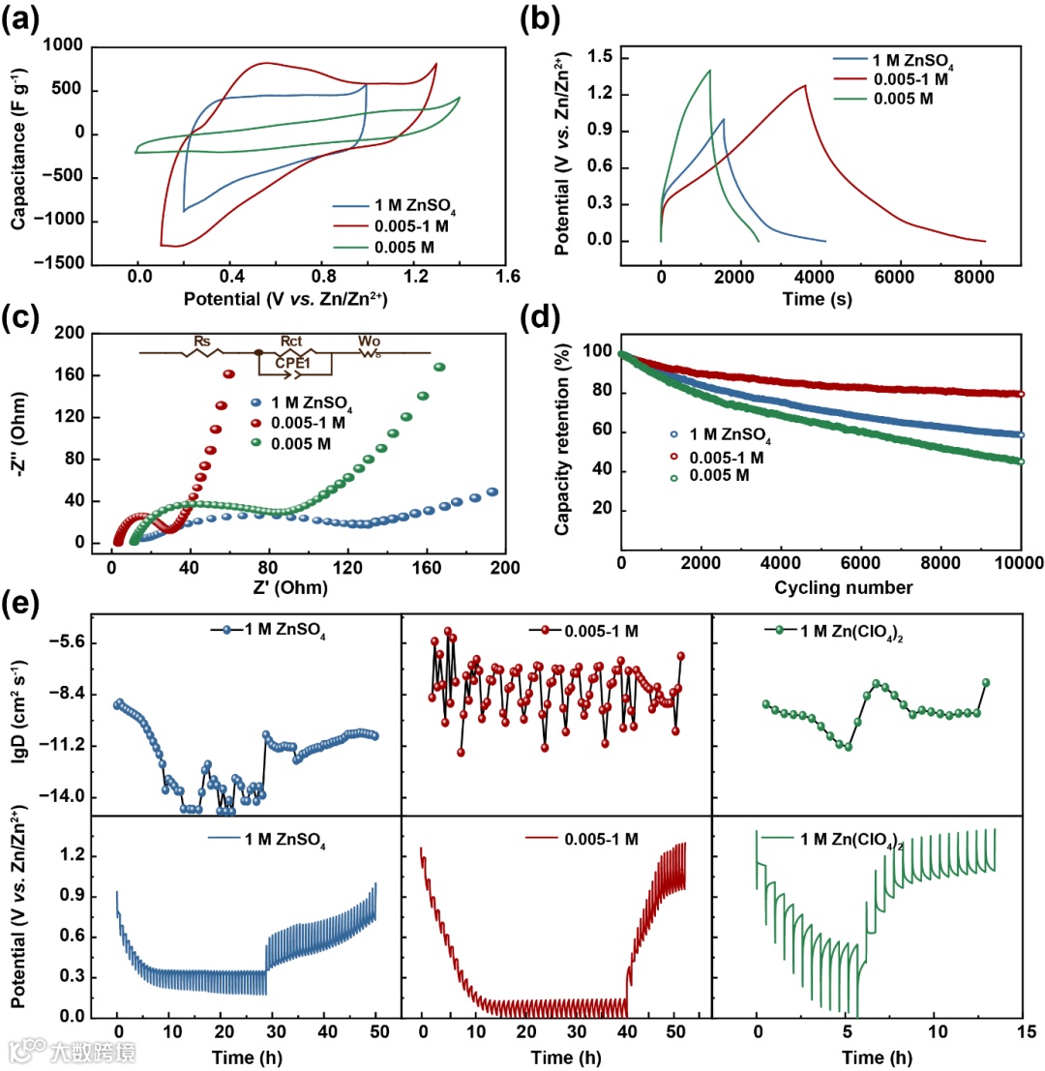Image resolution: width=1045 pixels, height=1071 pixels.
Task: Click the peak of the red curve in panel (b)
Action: pos(805,86)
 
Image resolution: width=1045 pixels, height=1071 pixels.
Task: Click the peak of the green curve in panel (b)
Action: pos(710,70)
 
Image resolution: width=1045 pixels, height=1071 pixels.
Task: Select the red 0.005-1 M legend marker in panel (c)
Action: pos(256,423)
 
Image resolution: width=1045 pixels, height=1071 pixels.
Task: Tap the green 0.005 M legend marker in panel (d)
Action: pos(673,476)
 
